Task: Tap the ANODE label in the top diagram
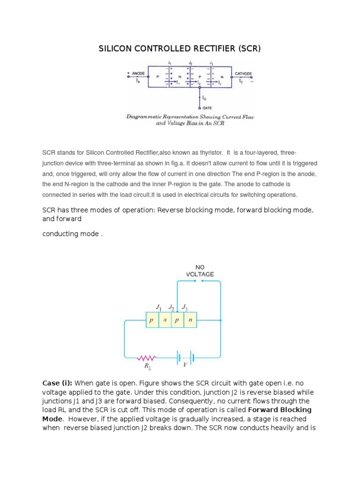[138, 74]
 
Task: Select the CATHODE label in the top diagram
[243, 74]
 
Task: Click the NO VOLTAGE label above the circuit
[200, 270]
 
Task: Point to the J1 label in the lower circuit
[158, 307]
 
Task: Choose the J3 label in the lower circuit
[185, 307]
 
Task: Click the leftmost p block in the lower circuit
[152, 321]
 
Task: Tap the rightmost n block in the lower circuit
[190, 321]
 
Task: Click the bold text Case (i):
[58, 383]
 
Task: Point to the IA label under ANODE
[138, 81]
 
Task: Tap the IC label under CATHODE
[241, 81]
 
